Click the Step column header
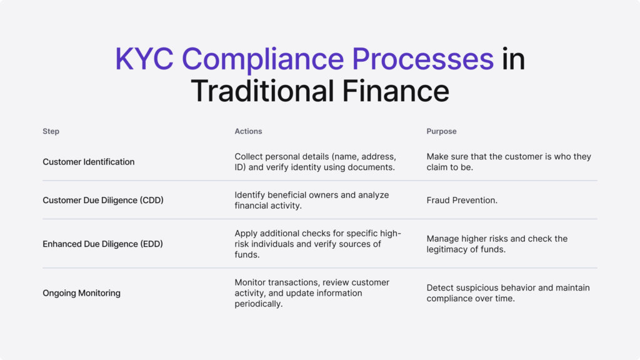point(51,131)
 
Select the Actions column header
point(248,131)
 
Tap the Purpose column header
point(441,131)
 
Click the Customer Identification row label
point(88,162)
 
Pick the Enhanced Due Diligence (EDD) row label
point(102,244)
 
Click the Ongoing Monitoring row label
point(81,293)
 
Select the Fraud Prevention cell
point(462,200)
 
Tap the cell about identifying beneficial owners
point(311,200)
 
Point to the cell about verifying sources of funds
point(317,244)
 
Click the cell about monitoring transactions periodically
point(312,293)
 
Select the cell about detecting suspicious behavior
point(507,293)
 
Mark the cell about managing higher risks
point(497,244)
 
